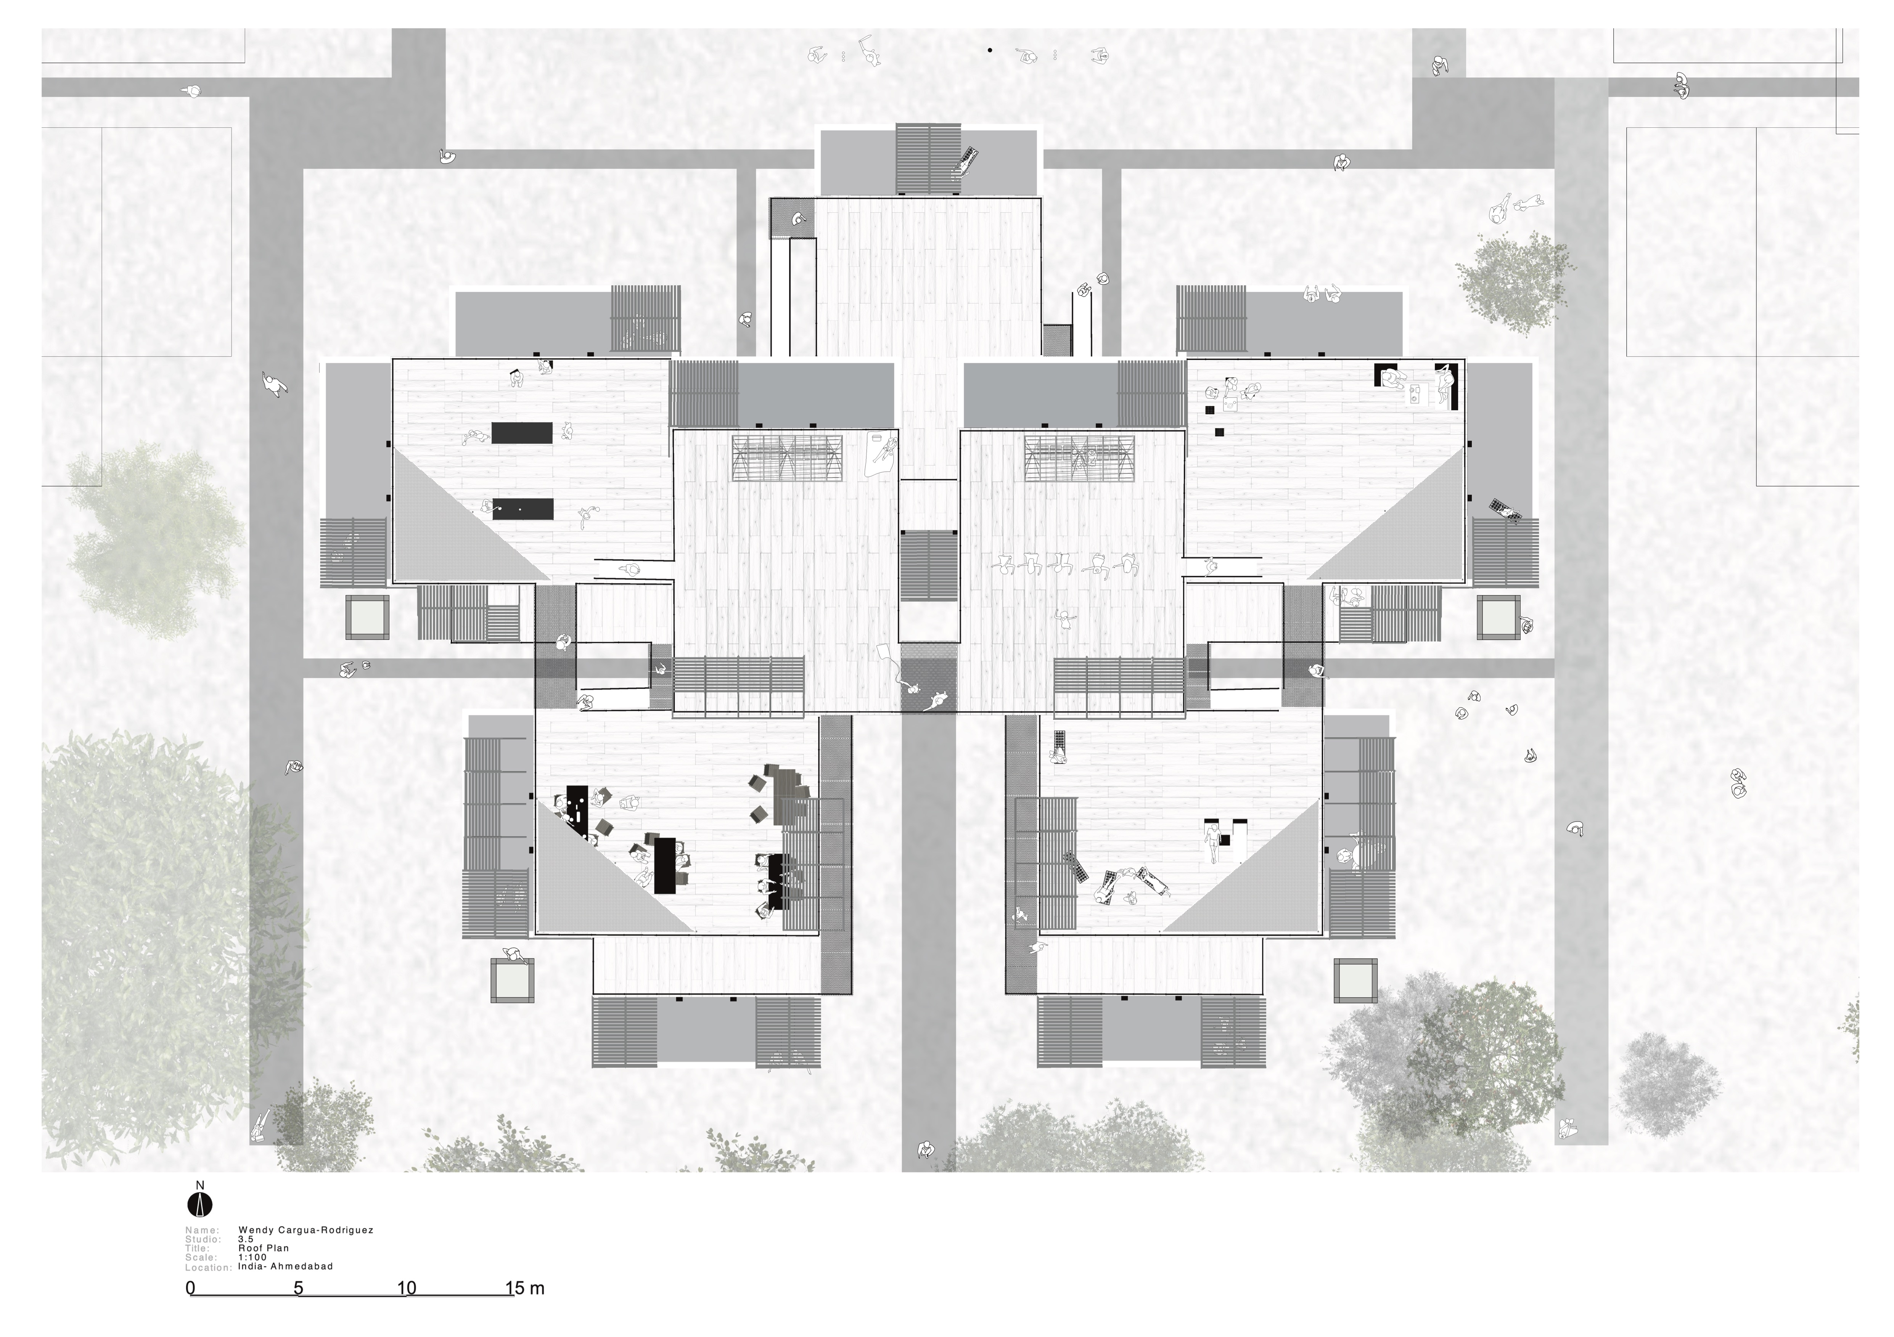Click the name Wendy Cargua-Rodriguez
coord(306,1230)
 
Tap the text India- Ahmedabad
coord(285,1266)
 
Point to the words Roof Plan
coord(264,1248)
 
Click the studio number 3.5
coord(246,1239)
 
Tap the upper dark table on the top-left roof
coord(522,432)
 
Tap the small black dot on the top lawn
coord(990,50)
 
